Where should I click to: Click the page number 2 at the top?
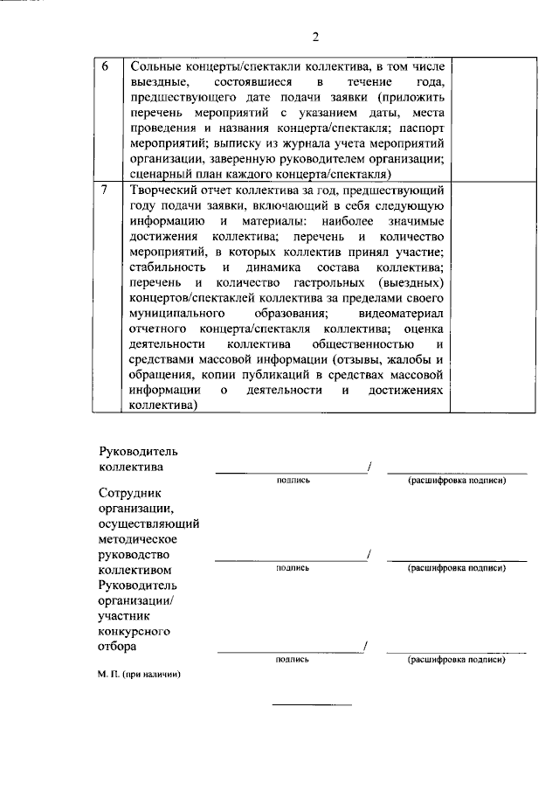[x=316, y=37]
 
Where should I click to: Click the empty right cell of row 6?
[x=491, y=119]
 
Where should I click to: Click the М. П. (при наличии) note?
[x=139, y=675]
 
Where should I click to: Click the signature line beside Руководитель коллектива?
[x=292, y=472]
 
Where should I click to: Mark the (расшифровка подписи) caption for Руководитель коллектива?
[x=457, y=482]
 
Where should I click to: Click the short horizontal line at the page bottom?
[x=312, y=704]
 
